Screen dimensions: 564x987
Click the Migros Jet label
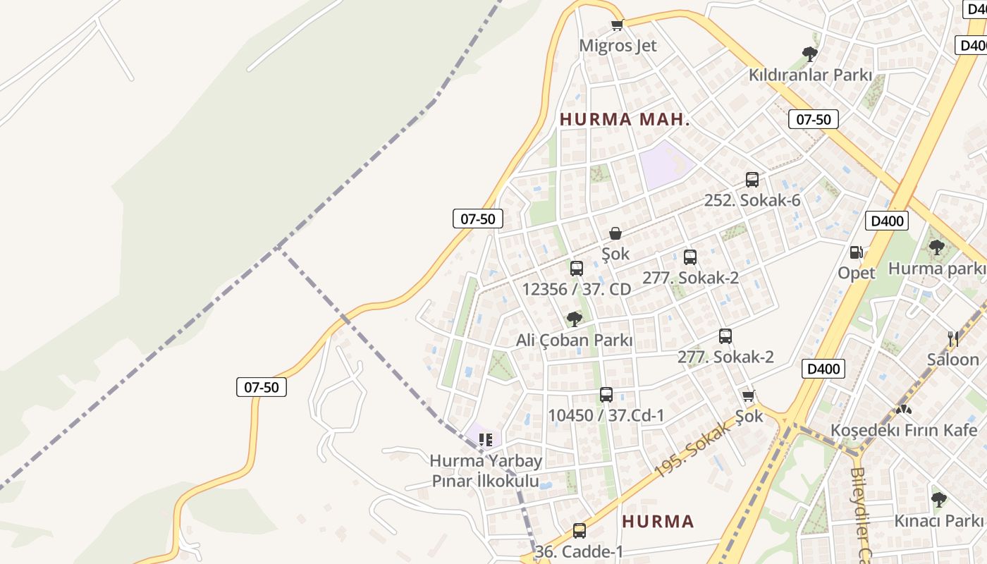618,46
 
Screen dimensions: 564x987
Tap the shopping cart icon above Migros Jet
618,25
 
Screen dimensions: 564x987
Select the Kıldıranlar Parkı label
810,75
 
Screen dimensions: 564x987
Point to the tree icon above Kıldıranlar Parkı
810,54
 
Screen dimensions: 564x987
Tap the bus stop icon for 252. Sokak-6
752,180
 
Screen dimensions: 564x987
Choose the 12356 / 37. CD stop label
577,289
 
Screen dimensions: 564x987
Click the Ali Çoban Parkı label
575,341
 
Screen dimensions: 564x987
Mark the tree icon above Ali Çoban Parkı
575,319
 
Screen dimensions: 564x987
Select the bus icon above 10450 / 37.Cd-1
606,395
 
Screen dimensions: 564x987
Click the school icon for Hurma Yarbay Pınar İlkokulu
486,441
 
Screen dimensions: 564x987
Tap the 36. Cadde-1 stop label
580,551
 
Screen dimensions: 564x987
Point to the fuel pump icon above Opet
857,252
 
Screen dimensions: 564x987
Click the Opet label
857,273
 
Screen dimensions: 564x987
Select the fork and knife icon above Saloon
953,339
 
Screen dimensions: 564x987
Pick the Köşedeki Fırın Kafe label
904,430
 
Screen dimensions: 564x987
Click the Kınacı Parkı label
938,521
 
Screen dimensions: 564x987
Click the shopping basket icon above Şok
615,233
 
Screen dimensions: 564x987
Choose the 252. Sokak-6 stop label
752,200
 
